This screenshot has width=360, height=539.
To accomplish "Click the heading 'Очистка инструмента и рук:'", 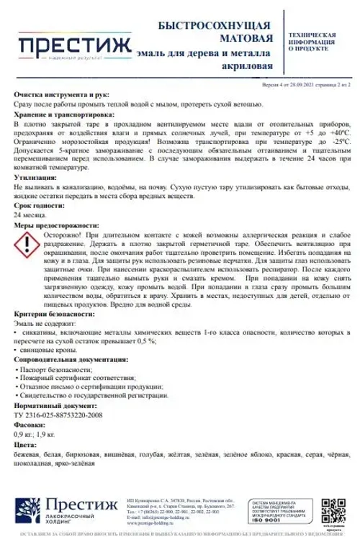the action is click(x=63, y=94).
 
